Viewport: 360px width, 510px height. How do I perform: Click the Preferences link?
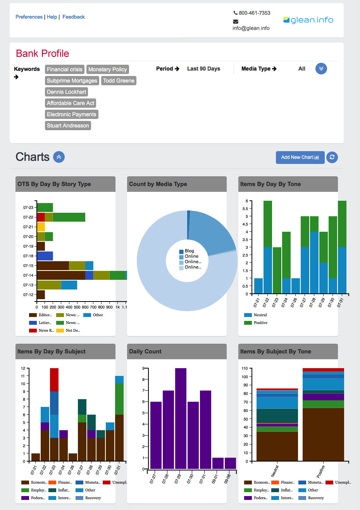coord(29,17)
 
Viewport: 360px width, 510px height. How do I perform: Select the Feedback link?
coord(74,17)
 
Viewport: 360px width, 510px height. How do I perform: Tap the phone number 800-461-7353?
coord(254,13)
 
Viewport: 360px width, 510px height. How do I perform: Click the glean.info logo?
coord(308,20)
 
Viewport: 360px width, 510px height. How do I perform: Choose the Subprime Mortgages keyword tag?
coord(72,81)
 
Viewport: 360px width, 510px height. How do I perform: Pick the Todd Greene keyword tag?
coord(119,81)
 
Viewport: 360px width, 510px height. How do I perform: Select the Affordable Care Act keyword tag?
coord(71,103)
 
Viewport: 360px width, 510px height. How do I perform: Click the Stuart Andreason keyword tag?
coord(68,126)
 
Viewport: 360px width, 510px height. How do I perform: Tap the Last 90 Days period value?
coord(203,69)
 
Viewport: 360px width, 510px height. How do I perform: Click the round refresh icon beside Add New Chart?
coord(332,157)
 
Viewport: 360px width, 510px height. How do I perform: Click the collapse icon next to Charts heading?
coord(59,157)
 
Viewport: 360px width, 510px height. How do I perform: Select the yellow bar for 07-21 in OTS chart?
coord(41,227)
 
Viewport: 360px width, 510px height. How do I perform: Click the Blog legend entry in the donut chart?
coord(189,251)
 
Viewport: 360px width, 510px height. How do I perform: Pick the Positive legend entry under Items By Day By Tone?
coord(260,323)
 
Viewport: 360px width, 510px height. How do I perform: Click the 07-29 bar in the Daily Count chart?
coord(181,419)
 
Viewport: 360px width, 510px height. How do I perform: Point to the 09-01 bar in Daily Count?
coord(218,463)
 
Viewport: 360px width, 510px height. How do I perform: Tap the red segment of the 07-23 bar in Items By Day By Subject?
coord(54,379)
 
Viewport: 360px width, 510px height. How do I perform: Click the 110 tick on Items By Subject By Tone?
coord(245,368)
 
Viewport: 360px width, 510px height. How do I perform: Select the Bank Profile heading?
coord(43,53)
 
